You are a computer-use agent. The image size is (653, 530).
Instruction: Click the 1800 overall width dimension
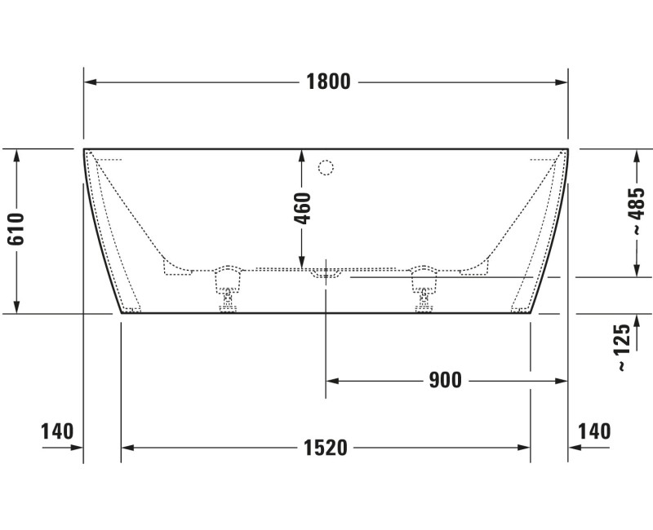point(328,82)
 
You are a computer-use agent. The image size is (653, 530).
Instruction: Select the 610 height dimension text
point(16,230)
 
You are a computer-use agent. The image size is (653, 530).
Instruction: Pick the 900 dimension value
point(445,380)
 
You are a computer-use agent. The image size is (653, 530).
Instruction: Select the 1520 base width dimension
point(326,447)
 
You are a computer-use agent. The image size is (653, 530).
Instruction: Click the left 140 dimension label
point(57,431)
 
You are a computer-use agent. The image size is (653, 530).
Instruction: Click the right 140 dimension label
point(594,431)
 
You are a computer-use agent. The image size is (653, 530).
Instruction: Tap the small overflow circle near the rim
point(326,168)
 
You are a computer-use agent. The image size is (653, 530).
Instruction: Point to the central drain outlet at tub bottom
point(326,273)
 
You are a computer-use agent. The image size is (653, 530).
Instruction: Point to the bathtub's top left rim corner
point(85,150)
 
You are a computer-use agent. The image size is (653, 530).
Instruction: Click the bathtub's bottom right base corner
point(531,312)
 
